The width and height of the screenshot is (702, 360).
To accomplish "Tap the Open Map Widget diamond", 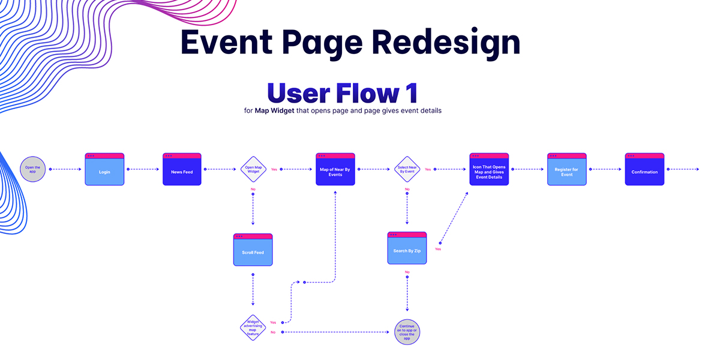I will coord(253,169).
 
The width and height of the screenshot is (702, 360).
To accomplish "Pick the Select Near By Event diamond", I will coord(407,169).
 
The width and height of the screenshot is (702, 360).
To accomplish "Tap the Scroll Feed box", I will coord(253,250).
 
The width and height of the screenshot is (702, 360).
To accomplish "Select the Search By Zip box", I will coord(407,248).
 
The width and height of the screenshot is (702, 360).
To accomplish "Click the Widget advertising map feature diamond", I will coord(253,328).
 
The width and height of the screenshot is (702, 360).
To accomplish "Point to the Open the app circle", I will coord(32,169).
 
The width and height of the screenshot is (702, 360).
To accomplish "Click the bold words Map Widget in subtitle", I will coord(275,110).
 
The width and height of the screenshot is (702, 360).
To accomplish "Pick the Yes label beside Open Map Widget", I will coord(274,169).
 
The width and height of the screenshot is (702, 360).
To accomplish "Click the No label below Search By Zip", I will coord(407,272).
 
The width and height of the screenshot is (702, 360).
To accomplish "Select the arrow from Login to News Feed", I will coord(143,169).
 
